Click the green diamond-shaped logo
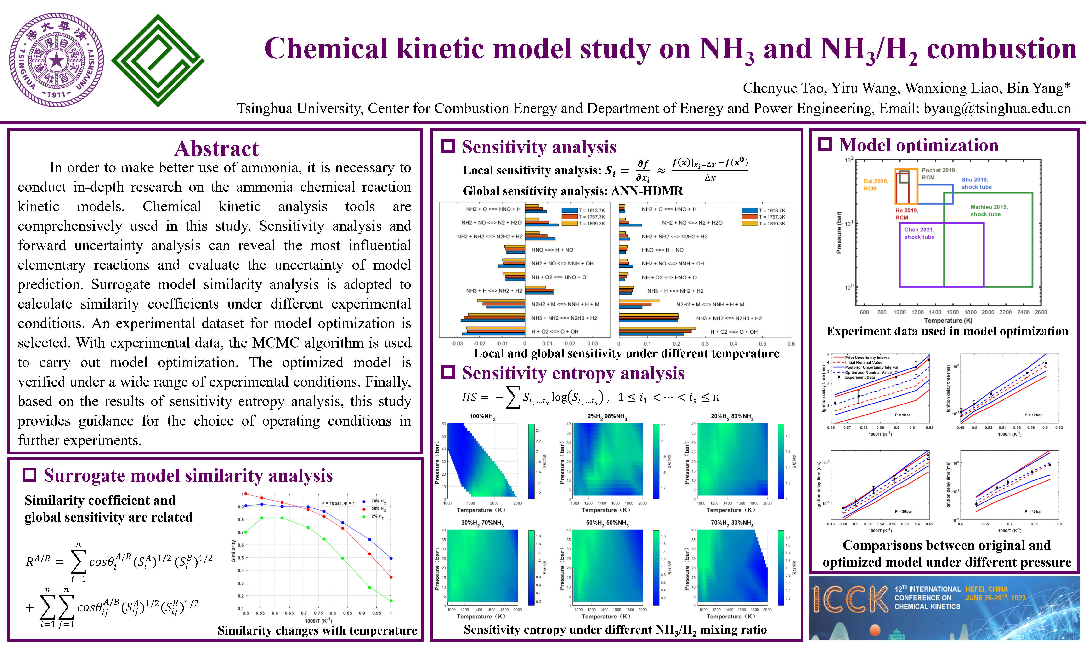click(x=158, y=61)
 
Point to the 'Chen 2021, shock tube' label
click(x=919, y=233)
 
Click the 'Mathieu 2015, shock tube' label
click(x=989, y=210)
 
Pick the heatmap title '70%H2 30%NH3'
click(x=732, y=523)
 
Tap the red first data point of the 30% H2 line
click(x=246, y=494)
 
